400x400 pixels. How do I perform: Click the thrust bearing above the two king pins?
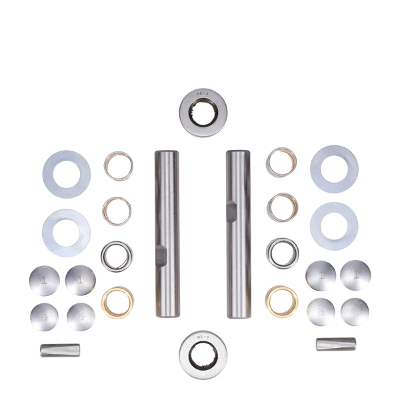200,107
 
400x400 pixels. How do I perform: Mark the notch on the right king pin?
230,211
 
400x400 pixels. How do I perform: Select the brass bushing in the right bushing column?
281,301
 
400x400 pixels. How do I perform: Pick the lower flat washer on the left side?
66,233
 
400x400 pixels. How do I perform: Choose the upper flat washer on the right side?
334,169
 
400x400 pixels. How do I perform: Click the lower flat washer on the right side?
334,226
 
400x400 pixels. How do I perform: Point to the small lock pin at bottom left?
60,349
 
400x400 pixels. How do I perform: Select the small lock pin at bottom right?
336,344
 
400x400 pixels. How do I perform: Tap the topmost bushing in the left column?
118,167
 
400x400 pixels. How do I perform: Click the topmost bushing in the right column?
281,162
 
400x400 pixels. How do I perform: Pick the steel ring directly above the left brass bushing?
117,257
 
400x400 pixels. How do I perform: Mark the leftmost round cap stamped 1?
44,280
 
